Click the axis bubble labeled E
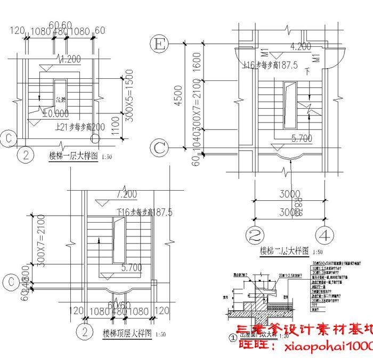pos(158,44)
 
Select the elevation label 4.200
pos(301,47)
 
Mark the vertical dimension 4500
pos(178,98)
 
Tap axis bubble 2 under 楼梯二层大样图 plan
pos(255,234)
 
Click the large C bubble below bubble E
pos(159,148)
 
